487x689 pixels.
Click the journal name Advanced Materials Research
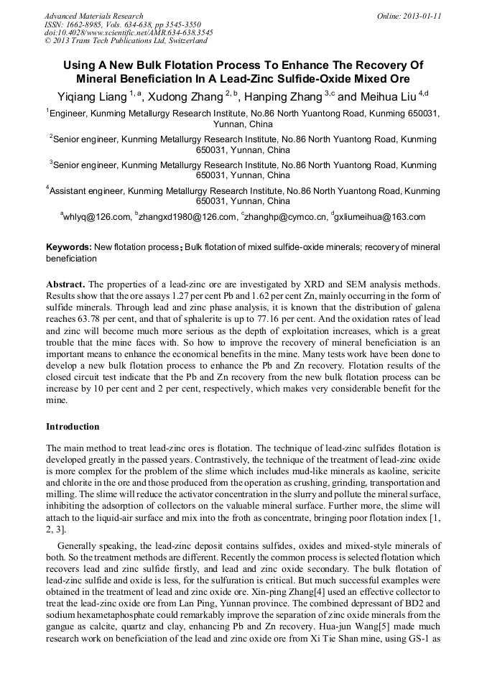[x=93, y=16]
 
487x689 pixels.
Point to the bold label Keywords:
[x=68, y=247]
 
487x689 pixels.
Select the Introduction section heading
[x=73, y=427]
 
